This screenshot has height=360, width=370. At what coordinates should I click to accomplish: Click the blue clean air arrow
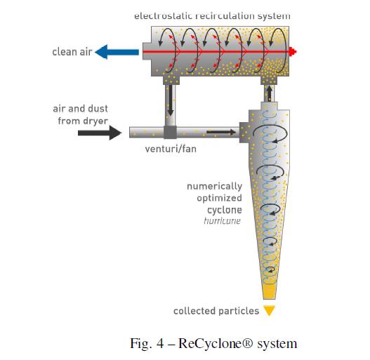(x=118, y=51)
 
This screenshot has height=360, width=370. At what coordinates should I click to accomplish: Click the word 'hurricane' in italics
(x=222, y=220)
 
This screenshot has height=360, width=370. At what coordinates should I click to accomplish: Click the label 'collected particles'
(x=216, y=310)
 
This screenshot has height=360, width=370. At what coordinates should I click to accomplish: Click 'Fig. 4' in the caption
(x=146, y=343)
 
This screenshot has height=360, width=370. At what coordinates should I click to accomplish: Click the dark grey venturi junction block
(x=170, y=132)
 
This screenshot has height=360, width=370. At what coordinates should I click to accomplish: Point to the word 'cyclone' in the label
(x=224, y=210)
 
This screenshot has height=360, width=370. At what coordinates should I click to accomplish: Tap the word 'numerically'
(x=214, y=187)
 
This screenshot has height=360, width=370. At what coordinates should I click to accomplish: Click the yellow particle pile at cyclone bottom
(x=268, y=288)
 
